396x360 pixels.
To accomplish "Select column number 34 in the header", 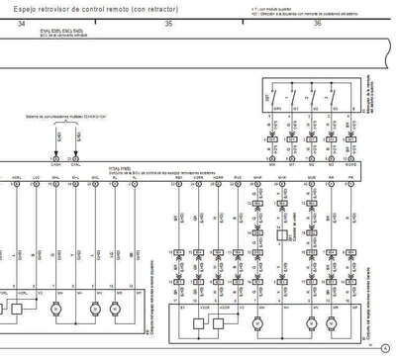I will click(x=21, y=23).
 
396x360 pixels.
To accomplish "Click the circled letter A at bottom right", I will click(x=384, y=346).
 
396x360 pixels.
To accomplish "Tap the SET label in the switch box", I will click(x=270, y=99).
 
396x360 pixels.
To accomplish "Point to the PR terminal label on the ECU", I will click(x=350, y=180).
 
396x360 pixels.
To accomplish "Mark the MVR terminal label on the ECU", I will click(x=258, y=180).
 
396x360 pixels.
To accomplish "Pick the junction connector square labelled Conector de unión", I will click(x=258, y=233).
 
